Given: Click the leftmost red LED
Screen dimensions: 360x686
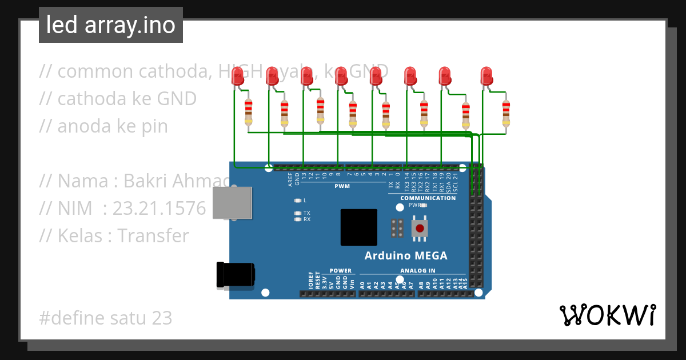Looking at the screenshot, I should [238, 77].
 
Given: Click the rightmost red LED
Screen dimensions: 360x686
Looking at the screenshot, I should [486, 77].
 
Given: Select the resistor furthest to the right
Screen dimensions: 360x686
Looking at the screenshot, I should [506, 113].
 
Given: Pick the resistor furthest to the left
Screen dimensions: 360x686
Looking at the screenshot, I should [249, 112].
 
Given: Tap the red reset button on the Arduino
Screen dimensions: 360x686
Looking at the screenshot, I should [420, 228].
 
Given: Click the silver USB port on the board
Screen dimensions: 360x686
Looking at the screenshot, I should [232, 203].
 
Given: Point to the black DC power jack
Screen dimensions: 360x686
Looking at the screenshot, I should [235, 275].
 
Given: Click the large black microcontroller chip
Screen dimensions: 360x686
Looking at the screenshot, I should [359, 227].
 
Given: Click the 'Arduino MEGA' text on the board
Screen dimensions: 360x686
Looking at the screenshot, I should [406, 255].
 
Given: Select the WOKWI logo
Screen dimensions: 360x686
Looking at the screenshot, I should [607, 315].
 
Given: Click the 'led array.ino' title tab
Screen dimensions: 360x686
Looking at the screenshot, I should [111, 25].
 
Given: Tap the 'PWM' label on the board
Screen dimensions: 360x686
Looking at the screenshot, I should [342, 187].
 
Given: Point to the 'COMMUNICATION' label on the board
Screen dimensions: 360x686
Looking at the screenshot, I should [428, 198].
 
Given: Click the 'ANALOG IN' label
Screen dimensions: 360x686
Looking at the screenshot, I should [417, 271].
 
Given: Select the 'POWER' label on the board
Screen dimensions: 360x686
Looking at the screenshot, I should [341, 271].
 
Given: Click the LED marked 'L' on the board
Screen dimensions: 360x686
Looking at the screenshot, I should [297, 201].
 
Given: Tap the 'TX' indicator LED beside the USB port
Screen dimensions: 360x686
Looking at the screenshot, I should [297, 213].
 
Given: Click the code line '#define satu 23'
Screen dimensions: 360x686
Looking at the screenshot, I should [106, 318].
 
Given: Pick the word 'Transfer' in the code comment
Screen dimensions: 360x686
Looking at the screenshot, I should [153, 235].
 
